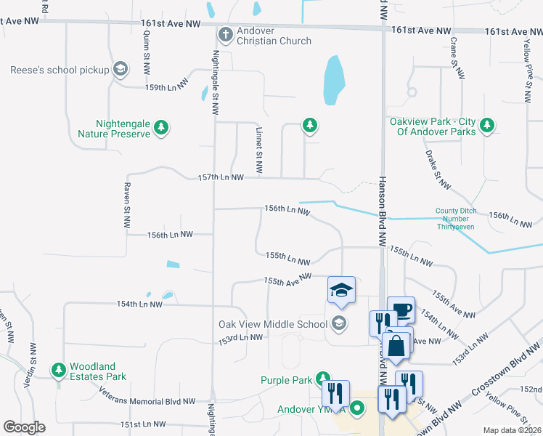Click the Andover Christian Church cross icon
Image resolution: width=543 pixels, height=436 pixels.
[226, 34]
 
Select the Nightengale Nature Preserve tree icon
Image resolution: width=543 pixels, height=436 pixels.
[162, 129]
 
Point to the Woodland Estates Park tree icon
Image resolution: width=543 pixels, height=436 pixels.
[57, 371]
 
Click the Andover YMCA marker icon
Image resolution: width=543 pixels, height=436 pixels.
[356, 409]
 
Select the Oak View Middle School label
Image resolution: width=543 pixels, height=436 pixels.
[273, 324]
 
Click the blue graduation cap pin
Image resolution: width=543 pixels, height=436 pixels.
[340, 291]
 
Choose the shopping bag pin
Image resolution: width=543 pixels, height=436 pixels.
[396, 346]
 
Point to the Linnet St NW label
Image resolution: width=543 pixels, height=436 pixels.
[258, 154]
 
